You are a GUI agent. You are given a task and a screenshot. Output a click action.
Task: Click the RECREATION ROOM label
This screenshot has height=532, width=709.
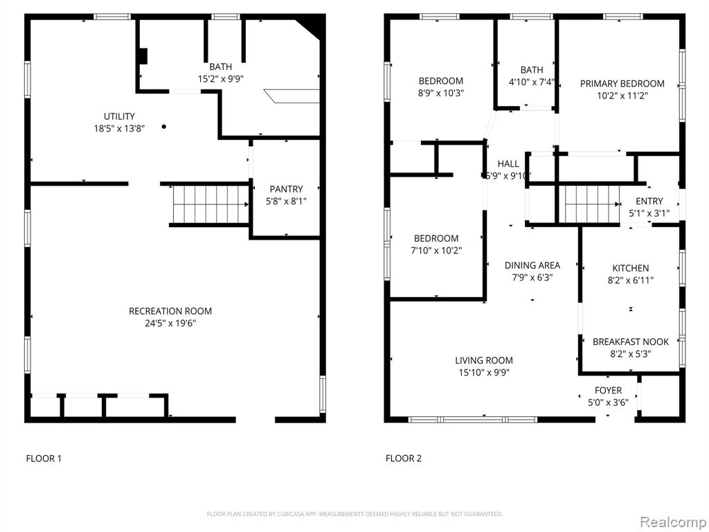click(170, 311)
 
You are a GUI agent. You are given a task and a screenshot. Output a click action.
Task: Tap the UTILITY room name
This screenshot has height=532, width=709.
click(119, 116)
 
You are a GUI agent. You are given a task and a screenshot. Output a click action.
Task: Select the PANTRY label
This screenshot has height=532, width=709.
click(286, 189)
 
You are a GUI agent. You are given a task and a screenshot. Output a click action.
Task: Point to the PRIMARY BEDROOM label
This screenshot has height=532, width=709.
click(622, 84)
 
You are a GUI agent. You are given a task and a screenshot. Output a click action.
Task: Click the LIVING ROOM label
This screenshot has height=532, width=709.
click(484, 360)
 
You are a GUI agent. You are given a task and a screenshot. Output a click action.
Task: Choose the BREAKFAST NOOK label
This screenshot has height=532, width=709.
click(631, 342)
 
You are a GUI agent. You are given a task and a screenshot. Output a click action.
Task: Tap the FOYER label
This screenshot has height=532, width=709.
click(608, 391)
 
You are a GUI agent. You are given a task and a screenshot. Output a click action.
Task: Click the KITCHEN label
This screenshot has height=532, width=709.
click(630, 268)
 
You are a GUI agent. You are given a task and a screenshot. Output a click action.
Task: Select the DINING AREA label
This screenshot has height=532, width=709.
click(532, 265)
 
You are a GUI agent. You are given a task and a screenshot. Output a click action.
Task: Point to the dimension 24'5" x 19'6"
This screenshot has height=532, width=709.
click(170, 323)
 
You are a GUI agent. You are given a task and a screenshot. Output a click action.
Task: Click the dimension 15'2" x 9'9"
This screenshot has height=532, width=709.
click(221, 79)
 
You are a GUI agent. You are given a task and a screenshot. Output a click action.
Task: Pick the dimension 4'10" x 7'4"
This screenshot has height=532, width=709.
click(532, 82)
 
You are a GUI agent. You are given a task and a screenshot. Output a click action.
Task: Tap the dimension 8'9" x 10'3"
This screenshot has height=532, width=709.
click(441, 94)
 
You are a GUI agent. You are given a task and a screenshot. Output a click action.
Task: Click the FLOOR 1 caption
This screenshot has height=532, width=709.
click(44, 459)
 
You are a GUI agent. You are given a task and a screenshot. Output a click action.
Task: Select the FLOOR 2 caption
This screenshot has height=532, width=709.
click(404, 459)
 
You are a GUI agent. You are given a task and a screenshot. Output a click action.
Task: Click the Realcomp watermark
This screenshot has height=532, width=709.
click(672, 522)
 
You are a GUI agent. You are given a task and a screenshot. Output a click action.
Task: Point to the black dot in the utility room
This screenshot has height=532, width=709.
click(163, 127)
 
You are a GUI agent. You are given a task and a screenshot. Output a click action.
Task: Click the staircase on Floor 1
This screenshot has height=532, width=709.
click(210, 204)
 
